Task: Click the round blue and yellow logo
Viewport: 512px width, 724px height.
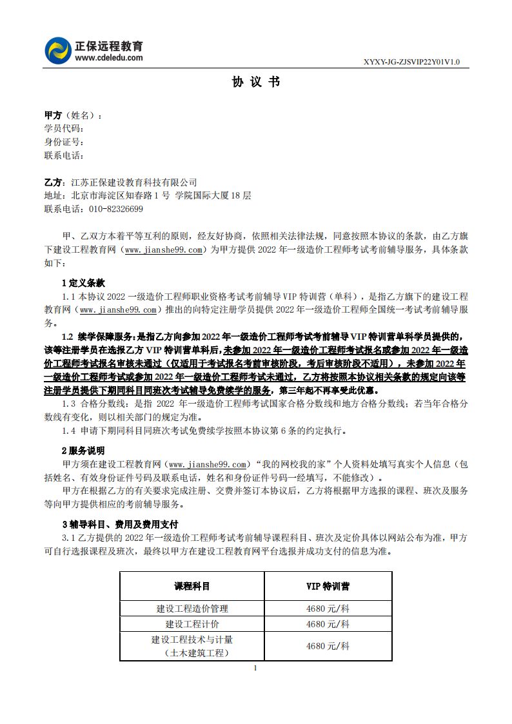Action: coord(58,51)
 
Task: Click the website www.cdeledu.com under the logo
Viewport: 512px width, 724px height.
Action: coord(109,57)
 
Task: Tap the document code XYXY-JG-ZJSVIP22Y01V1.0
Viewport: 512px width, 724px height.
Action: coord(412,63)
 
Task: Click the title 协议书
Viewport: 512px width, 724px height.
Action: coord(256,83)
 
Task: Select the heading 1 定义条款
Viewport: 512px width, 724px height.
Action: coord(83,283)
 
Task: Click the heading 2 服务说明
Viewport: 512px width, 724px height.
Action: coord(83,451)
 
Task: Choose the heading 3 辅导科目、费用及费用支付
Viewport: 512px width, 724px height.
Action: coord(120,524)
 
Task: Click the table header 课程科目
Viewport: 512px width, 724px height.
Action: coord(192,587)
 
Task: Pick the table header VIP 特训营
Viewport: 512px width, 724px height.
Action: coord(328,587)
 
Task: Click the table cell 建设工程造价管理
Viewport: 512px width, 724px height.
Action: coord(192,608)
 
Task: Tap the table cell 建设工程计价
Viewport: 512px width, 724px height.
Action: coord(192,624)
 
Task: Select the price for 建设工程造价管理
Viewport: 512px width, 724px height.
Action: coord(328,608)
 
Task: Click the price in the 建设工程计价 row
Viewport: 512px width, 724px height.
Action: coord(328,624)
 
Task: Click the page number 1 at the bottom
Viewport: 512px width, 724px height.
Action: coord(256,668)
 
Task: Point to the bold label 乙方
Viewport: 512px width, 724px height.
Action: coord(53,182)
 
